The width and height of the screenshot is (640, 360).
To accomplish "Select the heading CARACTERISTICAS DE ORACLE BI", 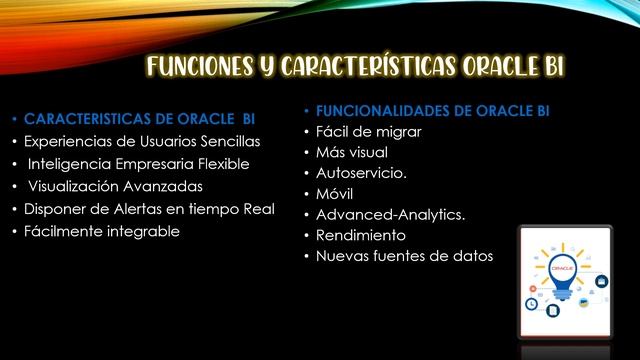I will click(139, 118).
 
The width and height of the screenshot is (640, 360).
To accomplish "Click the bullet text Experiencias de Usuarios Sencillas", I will click(142, 141).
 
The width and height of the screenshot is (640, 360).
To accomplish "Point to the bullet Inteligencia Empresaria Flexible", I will click(138, 164).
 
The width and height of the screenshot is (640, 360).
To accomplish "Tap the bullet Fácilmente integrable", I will click(102, 231).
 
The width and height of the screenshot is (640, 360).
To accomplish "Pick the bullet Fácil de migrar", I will click(368, 132).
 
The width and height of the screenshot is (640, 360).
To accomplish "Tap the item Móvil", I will click(335, 194).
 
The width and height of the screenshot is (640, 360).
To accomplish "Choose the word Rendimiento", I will click(361, 235).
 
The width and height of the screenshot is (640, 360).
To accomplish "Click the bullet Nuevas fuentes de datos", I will click(404, 256).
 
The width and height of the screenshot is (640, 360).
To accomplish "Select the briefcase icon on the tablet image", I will click(602, 282).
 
